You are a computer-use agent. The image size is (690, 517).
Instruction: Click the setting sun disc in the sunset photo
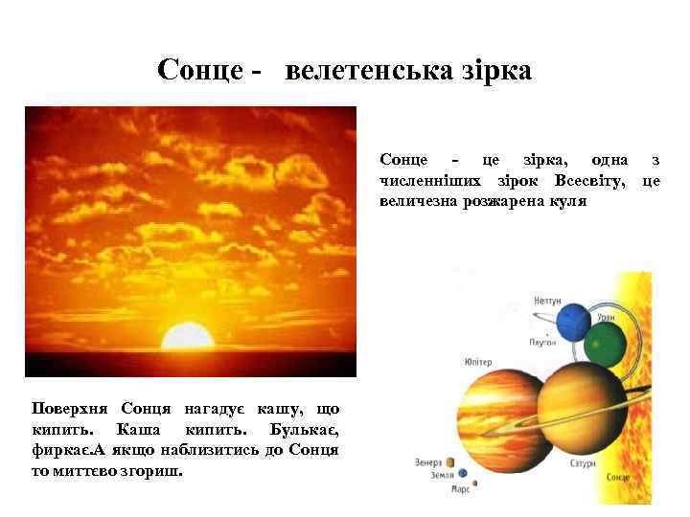click(x=188, y=337)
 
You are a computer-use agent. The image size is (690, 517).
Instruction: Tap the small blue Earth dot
click(x=463, y=473)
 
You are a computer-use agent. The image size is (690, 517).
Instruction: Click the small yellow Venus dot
click(x=450, y=462)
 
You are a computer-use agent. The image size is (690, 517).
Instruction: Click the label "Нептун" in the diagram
click(x=547, y=300)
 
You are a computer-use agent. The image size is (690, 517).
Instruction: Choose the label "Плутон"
click(x=541, y=342)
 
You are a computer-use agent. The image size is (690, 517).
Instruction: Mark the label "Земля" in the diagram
click(x=442, y=474)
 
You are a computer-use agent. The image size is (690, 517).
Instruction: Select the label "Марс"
click(x=461, y=489)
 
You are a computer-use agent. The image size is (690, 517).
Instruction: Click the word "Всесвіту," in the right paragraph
click(x=594, y=180)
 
